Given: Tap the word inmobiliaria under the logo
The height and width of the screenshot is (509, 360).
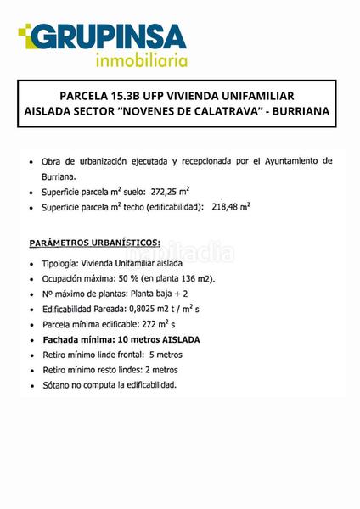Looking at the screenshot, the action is [x=141, y=60].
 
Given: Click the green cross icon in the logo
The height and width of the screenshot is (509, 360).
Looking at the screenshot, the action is [x=26, y=34].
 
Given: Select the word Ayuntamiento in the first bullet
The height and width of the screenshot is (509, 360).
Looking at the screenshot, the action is [x=289, y=160].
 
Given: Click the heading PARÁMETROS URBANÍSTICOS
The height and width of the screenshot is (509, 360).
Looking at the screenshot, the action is [x=95, y=243].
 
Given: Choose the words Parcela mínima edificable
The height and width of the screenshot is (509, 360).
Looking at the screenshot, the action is [x=93, y=325].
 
